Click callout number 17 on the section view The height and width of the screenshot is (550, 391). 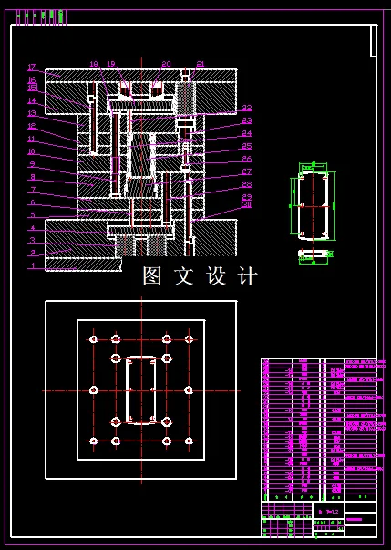[x=31, y=67]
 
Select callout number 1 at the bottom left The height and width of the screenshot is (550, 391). [x=33, y=266]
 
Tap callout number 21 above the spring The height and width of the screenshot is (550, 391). [x=201, y=64]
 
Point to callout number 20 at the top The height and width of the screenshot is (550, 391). [x=166, y=64]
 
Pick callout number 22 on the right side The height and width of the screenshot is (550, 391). [x=247, y=108]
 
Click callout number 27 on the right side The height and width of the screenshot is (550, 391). [x=247, y=171]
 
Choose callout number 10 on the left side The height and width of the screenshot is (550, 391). [x=31, y=151]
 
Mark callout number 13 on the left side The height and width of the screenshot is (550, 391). [x=31, y=113]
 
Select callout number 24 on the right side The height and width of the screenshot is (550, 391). [x=247, y=133]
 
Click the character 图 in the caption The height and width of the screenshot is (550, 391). [x=152, y=275]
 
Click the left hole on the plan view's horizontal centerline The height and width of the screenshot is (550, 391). [x=94, y=389]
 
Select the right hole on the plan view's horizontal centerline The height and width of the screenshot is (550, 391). [x=189, y=389]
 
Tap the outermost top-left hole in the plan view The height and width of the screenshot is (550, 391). [x=93, y=339]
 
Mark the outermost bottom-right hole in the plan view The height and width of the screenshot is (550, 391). [x=190, y=441]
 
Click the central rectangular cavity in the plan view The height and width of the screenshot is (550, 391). [x=141, y=389]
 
